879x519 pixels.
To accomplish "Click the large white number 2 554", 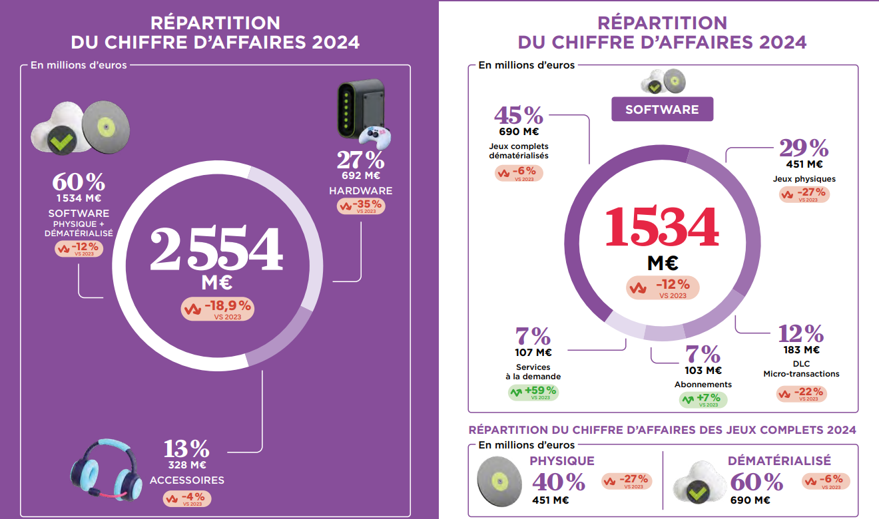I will pyautogui.click(x=216, y=250).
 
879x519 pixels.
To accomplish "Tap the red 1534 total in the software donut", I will pyautogui.click(x=662, y=228).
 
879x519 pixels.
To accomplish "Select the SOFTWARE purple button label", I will pyautogui.click(x=662, y=110).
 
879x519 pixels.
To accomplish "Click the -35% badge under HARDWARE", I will pyautogui.click(x=361, y=206).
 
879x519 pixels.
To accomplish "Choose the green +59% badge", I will pyautogui.click(x=533, y=392).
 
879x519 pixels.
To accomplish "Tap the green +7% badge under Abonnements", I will pyautogui.click(x=703, y=400).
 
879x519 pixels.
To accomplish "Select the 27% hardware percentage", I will pyautogui.click(x=360, y=160).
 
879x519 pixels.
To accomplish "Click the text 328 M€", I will pyautogui.click(x=186, y=465).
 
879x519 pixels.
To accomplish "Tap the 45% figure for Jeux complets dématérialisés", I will pyautogui.click(x=518, y=116).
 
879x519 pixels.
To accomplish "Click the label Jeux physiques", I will pyautogui.click(x=804, y=179).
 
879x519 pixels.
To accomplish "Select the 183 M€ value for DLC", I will pyautogui.click(x=801, y=350).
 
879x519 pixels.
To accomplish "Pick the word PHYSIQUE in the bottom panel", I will pyautogui.click(x=561, y=461).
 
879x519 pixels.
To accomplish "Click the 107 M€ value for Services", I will pyautogui.click(x=533, y=353).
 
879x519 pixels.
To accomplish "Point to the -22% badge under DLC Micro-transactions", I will pyautogui.click(x=801, y=393).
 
